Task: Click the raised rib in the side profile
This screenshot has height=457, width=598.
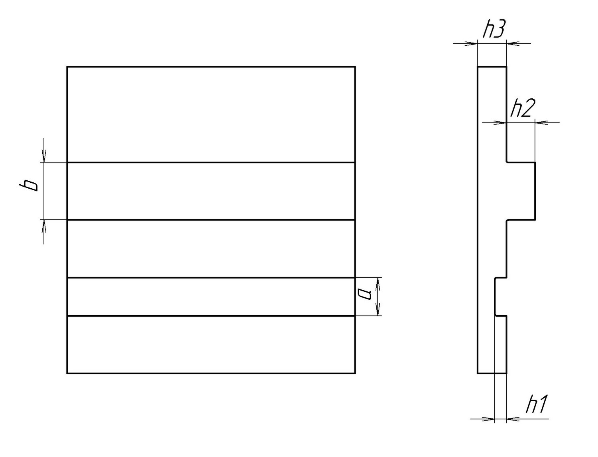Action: [521, 191]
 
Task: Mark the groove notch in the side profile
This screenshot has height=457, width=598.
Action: [501, 297]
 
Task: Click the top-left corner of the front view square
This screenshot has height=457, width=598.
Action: [67, 67]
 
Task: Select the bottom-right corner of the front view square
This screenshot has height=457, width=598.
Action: [355, 373]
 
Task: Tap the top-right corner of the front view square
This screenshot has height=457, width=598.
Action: [355, 67]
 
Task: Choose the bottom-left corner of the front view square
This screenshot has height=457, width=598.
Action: [67, 373]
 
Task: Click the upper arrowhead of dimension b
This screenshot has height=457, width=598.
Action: [44, 157]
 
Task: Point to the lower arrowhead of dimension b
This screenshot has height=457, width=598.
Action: [44, 225]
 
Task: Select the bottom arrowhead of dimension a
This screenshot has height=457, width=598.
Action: [378, 311]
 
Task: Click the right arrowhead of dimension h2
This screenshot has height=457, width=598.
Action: [541, 122]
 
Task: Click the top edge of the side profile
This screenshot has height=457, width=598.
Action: [492, 67]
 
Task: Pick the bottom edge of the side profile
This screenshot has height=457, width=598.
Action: [492, 373]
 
